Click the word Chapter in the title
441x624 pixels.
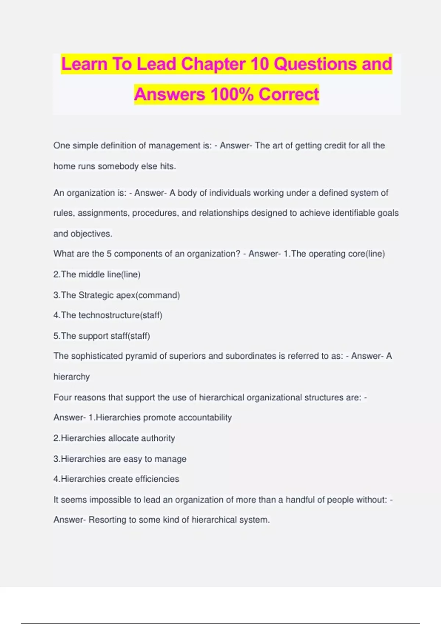click(213, 64)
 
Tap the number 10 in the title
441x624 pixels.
click(259, 64)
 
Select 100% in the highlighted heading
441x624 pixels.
click(232, 94)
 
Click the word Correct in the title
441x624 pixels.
click(288, 94)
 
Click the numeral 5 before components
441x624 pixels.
click(109, 254)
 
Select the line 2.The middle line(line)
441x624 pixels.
click(97, 275)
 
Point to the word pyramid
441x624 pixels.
click(141, 356)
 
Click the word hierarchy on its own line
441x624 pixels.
click(72, 377)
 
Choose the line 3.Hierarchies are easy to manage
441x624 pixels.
click(120, 459)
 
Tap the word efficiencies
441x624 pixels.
click(157, 479)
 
